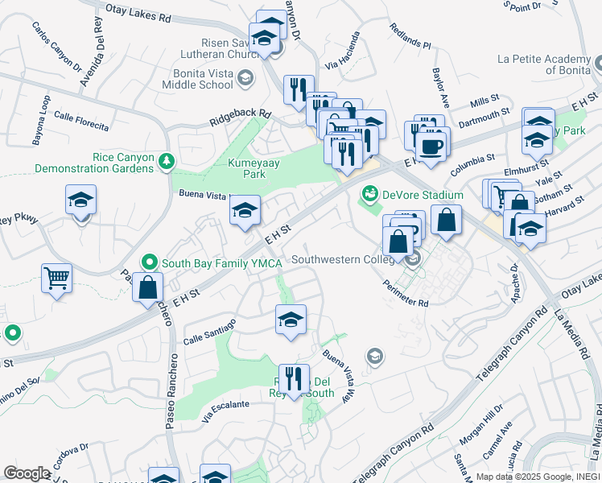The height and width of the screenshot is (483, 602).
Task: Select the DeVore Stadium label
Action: pos(423,195)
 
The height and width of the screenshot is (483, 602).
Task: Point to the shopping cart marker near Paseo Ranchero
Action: pos(56,279)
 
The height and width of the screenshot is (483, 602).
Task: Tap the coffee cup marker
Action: pos(432,146)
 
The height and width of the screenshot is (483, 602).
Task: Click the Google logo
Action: pos(27,473)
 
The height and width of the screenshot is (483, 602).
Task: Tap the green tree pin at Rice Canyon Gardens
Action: pos(167,162)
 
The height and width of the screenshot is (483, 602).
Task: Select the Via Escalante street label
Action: pos(225,411)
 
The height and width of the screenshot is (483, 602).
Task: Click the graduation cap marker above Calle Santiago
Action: pos(291,320)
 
